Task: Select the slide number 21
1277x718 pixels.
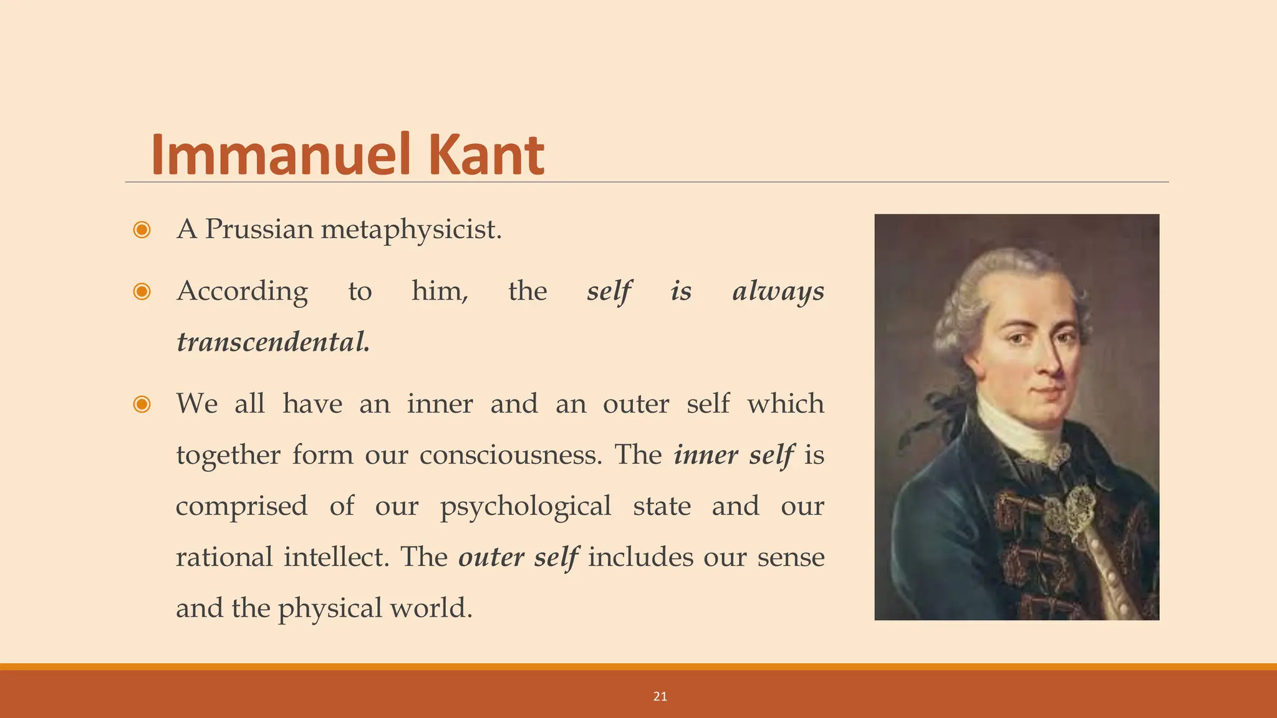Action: pyautogui.click(x=660, y=697)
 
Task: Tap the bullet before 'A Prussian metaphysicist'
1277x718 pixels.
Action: pyautogui.click(x=142, y=230)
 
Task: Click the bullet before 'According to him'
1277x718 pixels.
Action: pyautogui.click(x=142, y=291)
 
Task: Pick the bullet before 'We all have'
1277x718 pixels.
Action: pyautogui.click(x=142, y=404)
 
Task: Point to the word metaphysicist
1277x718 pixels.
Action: pyautogui.click(x=411, y=230)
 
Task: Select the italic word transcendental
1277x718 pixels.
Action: pyautogui.click(x=273, y=342)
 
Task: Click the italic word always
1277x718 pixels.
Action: pyautogui.click(x=778, y=291)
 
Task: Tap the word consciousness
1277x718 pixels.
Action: pyautogui.click(x=511, y=454)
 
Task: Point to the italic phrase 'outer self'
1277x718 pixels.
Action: pyautogui.click(x=518, y=557)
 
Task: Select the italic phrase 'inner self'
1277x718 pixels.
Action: pyautogui.click(x=734, y=454)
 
